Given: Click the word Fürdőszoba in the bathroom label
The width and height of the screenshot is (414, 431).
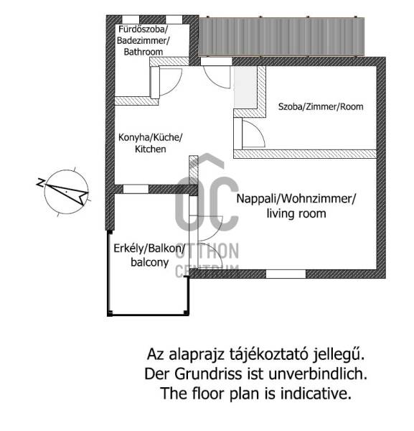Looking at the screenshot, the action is (142, 29).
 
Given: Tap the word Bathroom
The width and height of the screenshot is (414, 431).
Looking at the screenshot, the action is (143, 52).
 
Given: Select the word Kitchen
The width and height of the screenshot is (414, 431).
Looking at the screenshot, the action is (151, 149).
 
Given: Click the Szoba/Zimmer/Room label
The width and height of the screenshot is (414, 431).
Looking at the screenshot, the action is (321, 106).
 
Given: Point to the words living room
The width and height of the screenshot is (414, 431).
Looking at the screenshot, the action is (296, 213).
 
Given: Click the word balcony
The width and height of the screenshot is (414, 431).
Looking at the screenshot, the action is (150, 262).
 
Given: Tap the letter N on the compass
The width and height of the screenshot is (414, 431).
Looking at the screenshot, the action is (41, 182).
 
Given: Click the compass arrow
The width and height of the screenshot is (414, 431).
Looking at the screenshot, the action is (69, 193).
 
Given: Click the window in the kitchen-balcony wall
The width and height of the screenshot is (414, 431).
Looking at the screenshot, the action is (136, 189).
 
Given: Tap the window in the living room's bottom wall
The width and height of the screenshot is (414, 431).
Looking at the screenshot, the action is (286, 274).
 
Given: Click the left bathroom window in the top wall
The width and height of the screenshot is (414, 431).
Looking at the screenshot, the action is (131, 19).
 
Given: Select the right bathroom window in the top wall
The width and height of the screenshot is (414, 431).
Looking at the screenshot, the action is (174, 19).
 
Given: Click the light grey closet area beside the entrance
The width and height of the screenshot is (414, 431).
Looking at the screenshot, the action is (245, 87).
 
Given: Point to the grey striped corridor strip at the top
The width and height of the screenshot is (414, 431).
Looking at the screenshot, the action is (282, 37).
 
